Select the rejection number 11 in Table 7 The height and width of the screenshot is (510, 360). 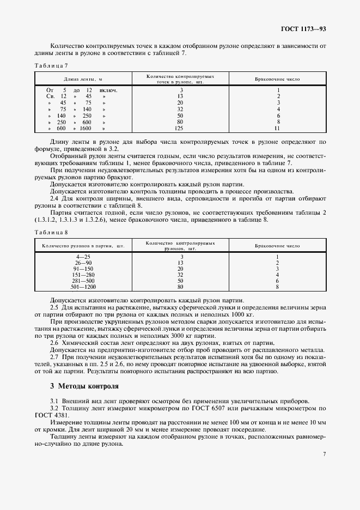pyautogui.click(x=277, y=129)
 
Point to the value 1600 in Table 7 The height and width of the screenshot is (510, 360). pyautogui.click(x=86, y=129)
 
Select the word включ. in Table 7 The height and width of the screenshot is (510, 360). pyautogui.click(x=108, y=90)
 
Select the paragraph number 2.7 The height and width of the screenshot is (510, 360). pyautogui.click(x=54, y=357)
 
